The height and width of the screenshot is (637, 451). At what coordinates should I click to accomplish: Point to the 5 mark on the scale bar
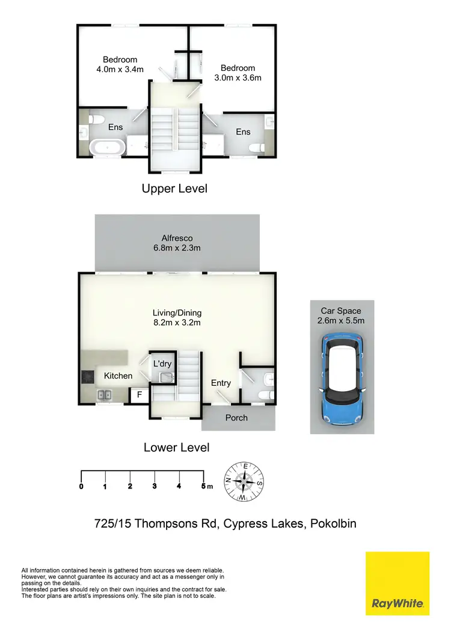tap(203, 486)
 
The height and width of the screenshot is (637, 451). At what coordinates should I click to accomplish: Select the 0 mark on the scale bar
tap(81, 486)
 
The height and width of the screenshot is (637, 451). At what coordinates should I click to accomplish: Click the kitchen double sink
tap(106, 395)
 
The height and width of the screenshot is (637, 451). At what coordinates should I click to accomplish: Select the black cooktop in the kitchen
tap(87, 377)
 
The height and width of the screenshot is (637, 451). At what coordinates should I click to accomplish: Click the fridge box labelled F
tap(140, 395)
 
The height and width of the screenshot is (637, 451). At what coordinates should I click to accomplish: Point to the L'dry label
tap(162, 364)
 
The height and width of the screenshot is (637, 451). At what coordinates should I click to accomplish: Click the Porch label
tap(236, 418)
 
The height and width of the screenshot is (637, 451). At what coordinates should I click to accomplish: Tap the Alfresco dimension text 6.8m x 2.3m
tap(176, 248)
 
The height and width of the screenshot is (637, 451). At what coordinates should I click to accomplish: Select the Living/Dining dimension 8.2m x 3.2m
tap(176, 323)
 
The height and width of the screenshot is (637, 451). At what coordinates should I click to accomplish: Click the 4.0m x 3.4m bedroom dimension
tap(120, 69)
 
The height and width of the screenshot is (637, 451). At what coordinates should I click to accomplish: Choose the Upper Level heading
tap(174, 189)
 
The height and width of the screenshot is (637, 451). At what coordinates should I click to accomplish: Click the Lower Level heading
tap(176, 447)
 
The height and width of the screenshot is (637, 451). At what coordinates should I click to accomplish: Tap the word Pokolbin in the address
tap(333, 523)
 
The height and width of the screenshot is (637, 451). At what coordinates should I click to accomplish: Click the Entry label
tap(221, 383)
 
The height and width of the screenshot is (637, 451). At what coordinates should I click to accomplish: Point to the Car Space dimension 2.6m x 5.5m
tap(341, 320)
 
